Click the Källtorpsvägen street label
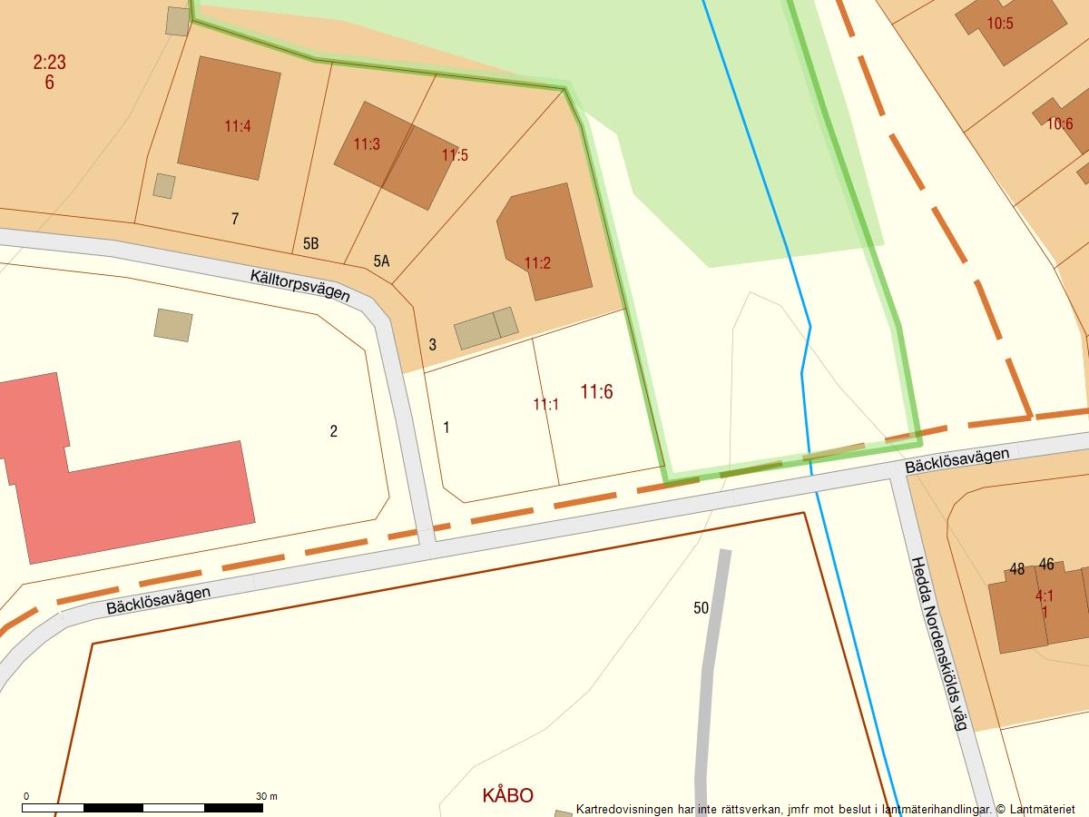coord(300,286)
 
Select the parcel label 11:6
coord(596,391)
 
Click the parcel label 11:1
coord(545,405)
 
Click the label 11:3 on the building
coord(367,144)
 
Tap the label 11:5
coord(455,155)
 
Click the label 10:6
coord(1059,123)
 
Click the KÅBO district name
coord(507,795)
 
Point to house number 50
coord(701,608)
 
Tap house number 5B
coord(310,244)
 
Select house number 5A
coord(381,261)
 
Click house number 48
coord(1016,569)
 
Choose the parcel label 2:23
coord(49,63)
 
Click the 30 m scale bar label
coord(266,796)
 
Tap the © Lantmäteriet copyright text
coord(1035,809)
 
